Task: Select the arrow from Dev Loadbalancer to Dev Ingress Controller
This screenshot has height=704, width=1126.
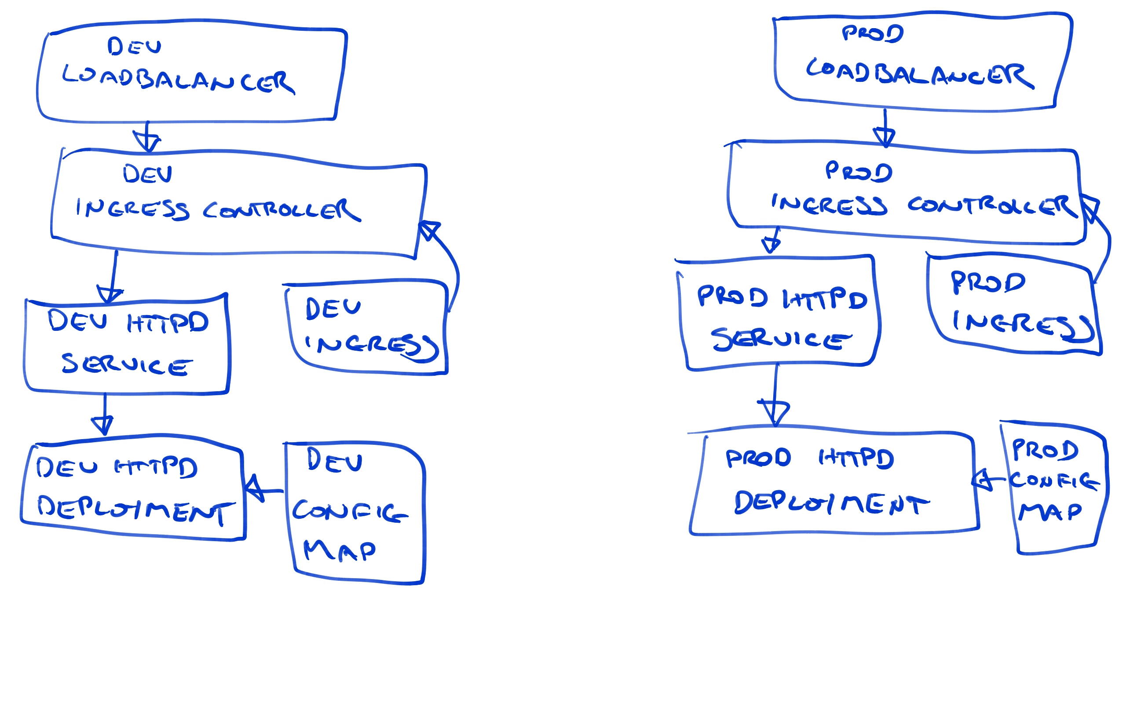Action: pyautogui.click(x=147, y=138)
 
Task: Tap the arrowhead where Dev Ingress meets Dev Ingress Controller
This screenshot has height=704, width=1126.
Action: pyautogui.click(x=428, y=230)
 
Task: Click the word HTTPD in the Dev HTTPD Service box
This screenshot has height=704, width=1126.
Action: pyautogui.click(x=168, y=322)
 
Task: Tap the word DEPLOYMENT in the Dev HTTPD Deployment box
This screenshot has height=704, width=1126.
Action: pyautogui.click(x=135, y=510)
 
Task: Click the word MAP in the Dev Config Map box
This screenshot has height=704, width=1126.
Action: pyautogui.click(x=339, y=551)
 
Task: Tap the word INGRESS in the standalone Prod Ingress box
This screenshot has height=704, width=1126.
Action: pyautogui.click(x=1022, y=325)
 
